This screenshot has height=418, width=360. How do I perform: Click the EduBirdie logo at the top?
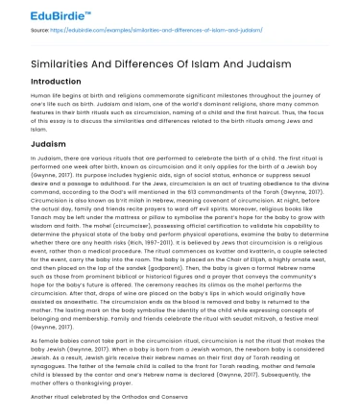[x=37, y=12]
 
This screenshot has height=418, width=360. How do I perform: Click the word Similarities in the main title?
[x=50, y=58]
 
